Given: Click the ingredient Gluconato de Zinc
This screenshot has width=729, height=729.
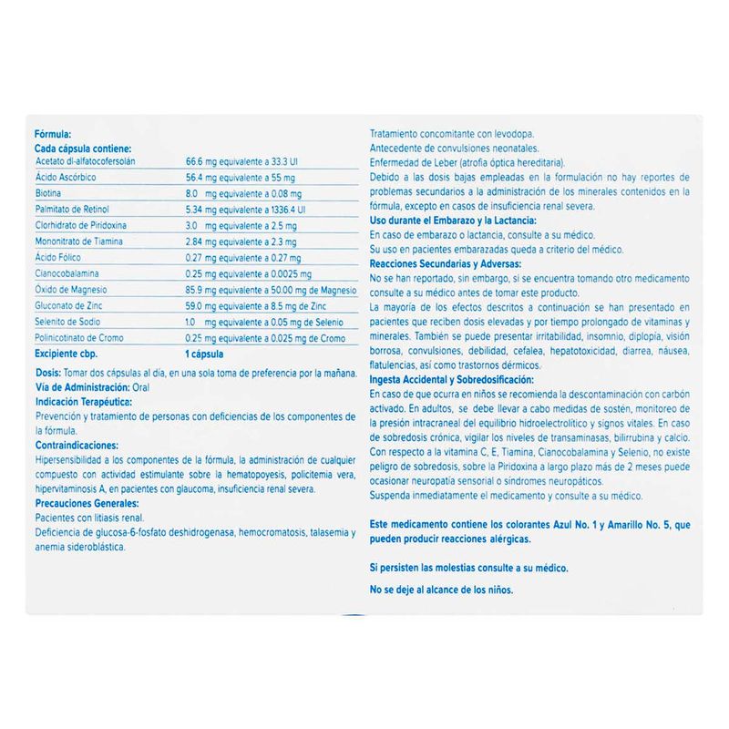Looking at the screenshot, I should (x=66, y=305).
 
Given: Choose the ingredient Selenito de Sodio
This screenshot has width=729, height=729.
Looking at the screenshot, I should (x=65, y=322).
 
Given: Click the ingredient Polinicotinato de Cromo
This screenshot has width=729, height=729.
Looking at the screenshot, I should (x=77, y=337).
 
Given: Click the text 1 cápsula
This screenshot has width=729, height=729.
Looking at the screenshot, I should (x=205, y=353).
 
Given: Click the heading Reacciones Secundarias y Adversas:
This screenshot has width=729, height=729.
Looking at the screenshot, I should (x=444, y=262).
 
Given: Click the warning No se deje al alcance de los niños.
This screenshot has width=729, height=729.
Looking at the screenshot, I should (x=441, y=590).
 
